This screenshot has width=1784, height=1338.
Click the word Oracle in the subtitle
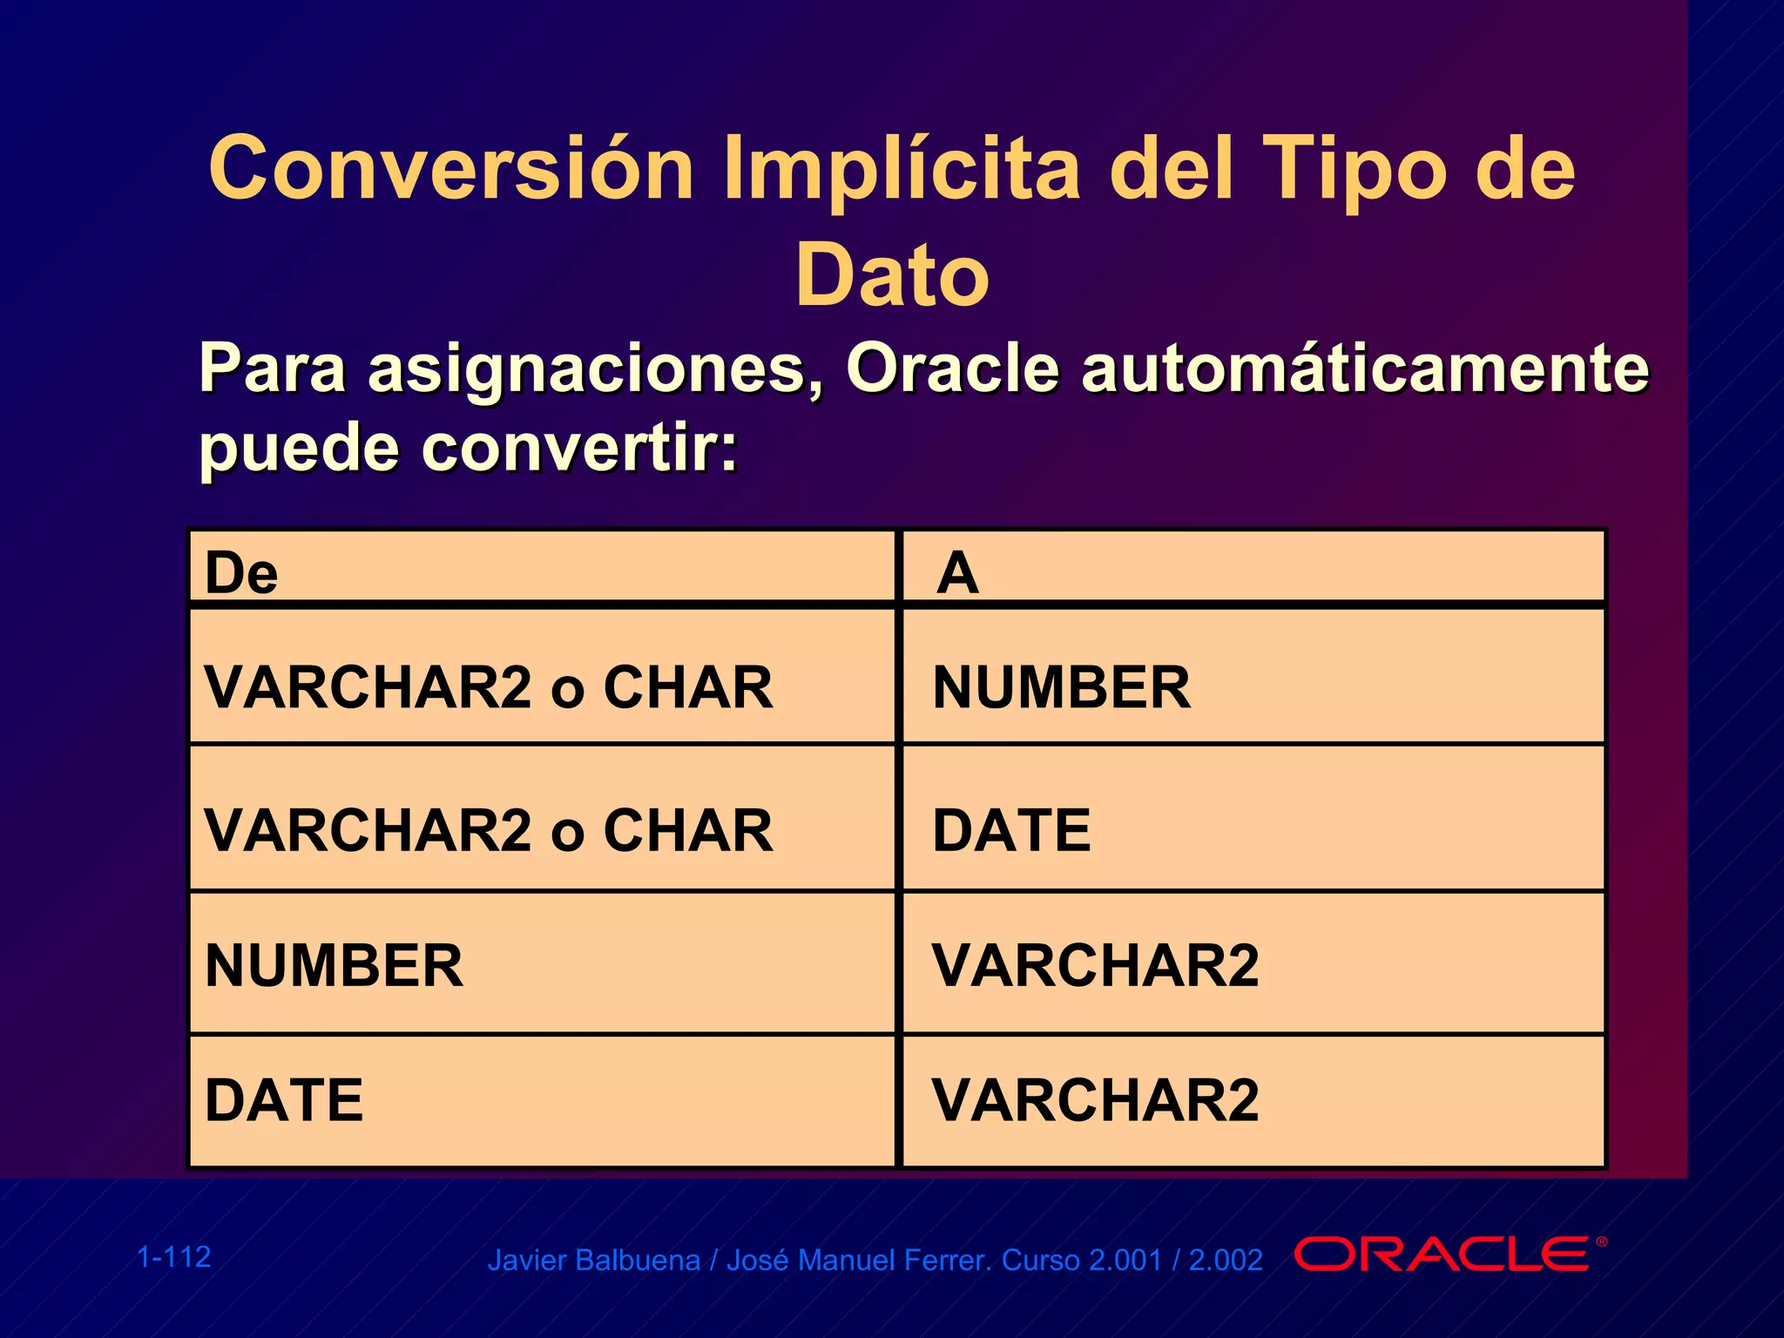click(x=952, y=368)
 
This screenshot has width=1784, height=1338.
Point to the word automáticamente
click(x=1365, y=368)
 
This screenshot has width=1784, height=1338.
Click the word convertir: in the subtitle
click(x=579, y=449)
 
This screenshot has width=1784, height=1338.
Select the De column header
click(x=241, y=573)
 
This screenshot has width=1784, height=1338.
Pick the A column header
click(x=957, y=573)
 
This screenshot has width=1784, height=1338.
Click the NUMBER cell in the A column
click(x=1061, y=687)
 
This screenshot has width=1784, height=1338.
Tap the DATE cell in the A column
click(x=1011, y=830)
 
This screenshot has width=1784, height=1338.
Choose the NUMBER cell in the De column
click(x=334, y=966)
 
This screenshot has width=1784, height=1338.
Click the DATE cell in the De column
click(x=284, y=1100)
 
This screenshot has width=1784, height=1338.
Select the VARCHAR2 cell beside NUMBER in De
click(x=1095, y=966)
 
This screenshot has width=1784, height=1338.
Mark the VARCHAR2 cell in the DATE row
click(x=1095, y=1100)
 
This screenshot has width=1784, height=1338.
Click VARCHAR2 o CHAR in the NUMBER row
click(x=488, y=687)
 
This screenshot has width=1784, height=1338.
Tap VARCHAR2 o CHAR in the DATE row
click(x=488, y=830)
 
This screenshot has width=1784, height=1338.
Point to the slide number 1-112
click(x=174, y=1257)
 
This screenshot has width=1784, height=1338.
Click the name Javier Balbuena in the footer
click(x=593, y=1260)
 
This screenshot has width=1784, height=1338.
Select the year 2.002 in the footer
click(x=1225, y=1260)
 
